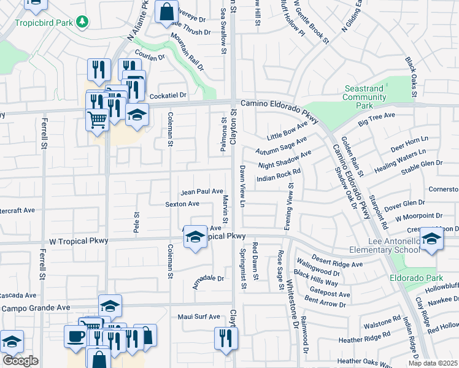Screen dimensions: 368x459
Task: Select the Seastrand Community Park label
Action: pyautogui.click(x=364, y=97)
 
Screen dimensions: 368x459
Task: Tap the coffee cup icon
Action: pyautogui.click(x=76, y=337)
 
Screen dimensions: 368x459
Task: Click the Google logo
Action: pyautogui.click(x=20, y=361)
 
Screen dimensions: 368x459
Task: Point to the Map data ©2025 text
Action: pyautogui.click(x=433, y=363)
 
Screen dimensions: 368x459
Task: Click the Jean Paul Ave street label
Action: pyautogui.click(x=201, y=191)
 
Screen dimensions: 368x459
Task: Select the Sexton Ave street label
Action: pyautogui.click(x=182, y=204)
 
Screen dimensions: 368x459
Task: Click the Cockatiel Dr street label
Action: pyautogui.click(x=168, y=95)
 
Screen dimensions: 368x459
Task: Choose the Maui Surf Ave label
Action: pyautogui.click(x=198, y=316)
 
